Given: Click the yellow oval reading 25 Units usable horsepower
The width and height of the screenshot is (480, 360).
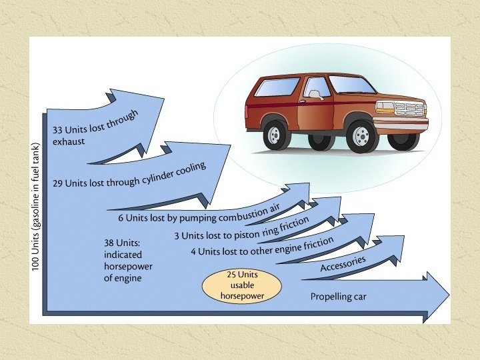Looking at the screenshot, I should click(x=242, y=285).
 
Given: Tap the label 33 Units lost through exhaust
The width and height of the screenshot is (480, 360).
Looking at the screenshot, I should click(x=94, y=127).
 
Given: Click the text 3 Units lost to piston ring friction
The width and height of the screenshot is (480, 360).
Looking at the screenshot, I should click(x=242, y=229).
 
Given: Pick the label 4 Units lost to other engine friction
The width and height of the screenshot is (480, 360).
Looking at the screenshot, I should click(x=261, y=247).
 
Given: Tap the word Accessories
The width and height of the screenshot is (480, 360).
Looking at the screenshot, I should click(x=343, y=264).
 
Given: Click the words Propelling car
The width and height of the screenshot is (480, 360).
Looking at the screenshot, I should click(x=339, y=296).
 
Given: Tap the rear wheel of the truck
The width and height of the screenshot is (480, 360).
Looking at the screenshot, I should click(x=274, y=134).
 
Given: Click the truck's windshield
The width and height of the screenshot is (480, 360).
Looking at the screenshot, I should click(x=352, y=85).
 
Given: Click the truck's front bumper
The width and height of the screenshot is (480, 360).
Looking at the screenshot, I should click(x=402, y=125).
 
